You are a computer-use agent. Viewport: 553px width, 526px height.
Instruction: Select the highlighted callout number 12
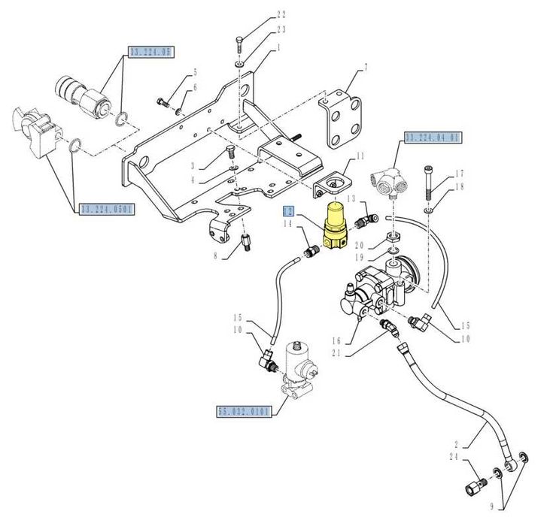(288, 211)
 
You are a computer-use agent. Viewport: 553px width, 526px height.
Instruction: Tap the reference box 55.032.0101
(244, 411)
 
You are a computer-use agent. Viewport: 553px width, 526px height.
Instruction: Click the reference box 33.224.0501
(105, 209)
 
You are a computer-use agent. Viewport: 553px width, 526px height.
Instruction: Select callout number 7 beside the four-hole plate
(366, 68)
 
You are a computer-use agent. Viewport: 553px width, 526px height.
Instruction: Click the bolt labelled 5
(162, 101)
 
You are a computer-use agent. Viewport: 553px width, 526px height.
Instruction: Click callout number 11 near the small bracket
(360, 156)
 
